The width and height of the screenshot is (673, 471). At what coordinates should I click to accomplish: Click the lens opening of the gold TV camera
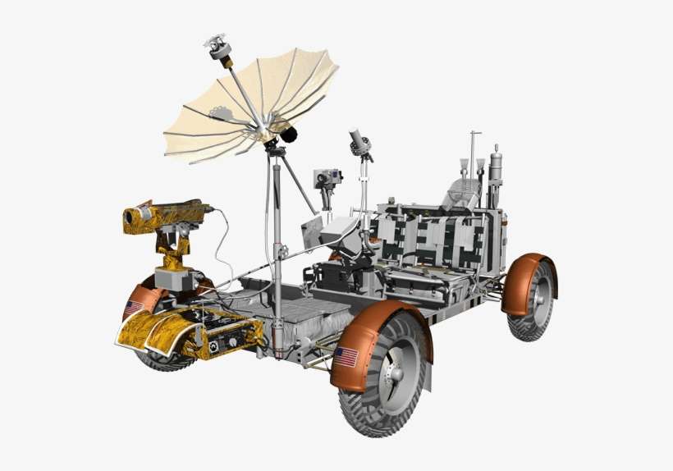[x=129, y=218]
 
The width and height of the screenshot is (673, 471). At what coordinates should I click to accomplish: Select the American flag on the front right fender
[x=346, y=357]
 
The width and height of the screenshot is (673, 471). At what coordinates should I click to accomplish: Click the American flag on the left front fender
[x=134, y=308]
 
